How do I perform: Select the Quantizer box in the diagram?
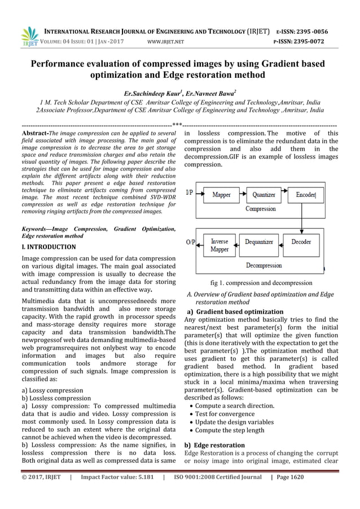pyautogui.click(x=263, y=195)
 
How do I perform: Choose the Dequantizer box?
pyautogui.click(x=259, y=242)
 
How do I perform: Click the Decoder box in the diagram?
pyautogui.click(x=301, y=242)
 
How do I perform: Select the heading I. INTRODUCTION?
pyautogui.click(x=47, y=248)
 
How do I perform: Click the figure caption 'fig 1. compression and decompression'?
pyautogui.click(x=260, y=283)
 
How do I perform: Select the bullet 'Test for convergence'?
pyautogui.click(x=230, y=414)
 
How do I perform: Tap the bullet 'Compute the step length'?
pyautogui.click(x=230, y=430)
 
